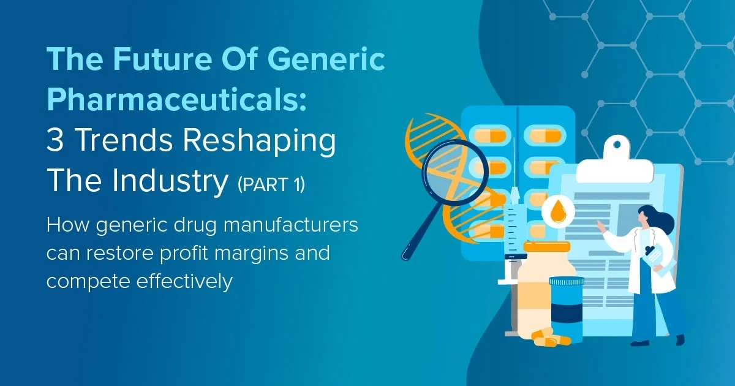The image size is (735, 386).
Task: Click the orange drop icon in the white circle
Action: (557, 212)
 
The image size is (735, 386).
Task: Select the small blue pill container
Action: (567, 306)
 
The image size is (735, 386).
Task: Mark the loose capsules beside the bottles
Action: (550, 337)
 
